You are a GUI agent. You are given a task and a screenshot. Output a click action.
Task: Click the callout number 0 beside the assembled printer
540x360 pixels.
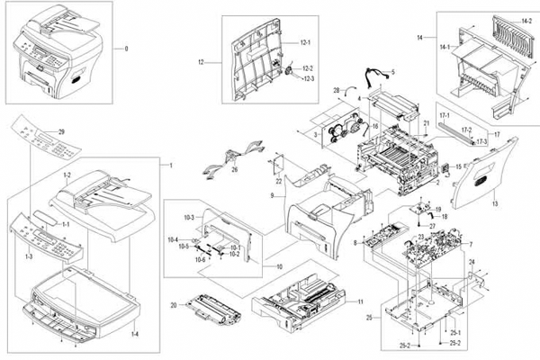pos(126,48)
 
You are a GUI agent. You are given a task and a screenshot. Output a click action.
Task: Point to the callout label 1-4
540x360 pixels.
pos(136,335)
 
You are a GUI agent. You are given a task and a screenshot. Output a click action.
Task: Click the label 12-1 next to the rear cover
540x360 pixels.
pos(304,43)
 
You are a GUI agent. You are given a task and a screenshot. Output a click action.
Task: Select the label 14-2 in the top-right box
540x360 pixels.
pos(526,21)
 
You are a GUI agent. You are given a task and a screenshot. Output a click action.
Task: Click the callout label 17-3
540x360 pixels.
pos(482,141)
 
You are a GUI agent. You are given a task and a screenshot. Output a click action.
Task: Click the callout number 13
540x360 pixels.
pos(493,204)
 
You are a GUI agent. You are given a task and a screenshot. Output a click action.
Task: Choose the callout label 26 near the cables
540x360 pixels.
pos(234,168)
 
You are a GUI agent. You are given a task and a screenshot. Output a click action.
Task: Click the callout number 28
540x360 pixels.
pos(335,92)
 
